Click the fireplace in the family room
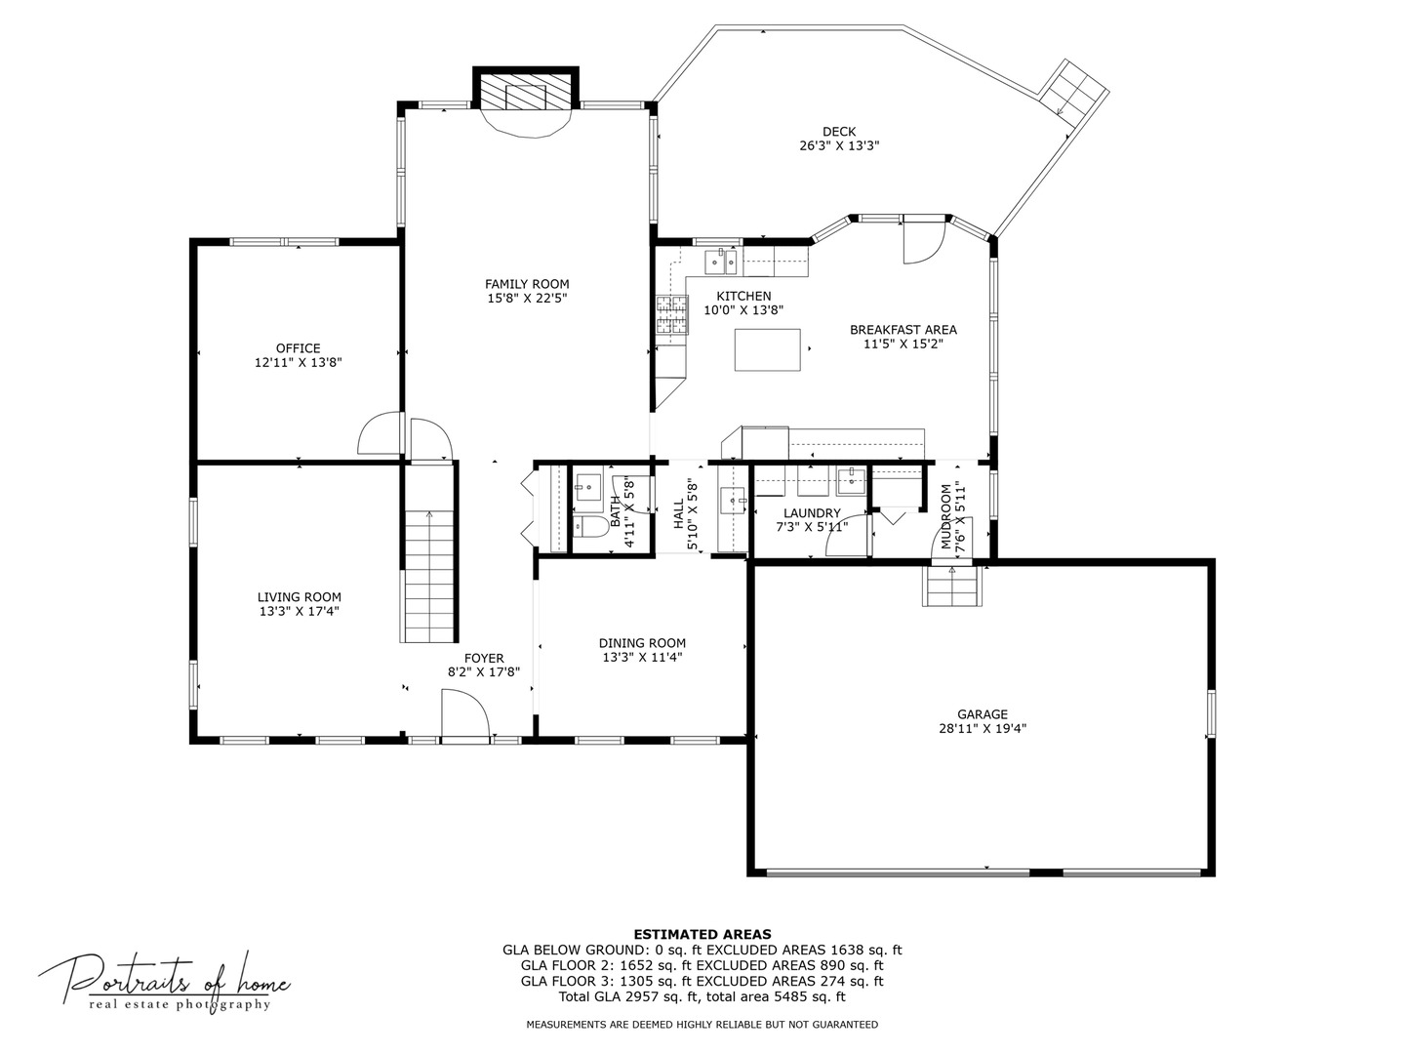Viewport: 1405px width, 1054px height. tap(526, 96)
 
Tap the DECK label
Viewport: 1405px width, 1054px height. tap(838, 132)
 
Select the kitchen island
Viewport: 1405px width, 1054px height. tap(768, 350)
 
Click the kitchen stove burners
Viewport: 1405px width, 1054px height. tap(670, 315)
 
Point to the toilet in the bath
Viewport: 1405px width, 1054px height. tap(588, 528)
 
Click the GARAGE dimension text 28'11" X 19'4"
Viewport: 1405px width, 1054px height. tap(982, 728)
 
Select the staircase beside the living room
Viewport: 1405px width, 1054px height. tap(428, 576)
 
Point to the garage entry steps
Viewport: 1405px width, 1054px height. tap(952, 587)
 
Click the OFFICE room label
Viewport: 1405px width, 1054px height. tap(298, 348)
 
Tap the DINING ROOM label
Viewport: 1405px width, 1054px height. tap(642, 643)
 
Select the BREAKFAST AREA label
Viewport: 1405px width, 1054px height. tap(903, 330)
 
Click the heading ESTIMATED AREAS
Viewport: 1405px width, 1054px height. tap(702, 934)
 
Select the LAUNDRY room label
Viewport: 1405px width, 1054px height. tap(811, 513)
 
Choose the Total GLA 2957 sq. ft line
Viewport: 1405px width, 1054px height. tap(702, 996)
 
